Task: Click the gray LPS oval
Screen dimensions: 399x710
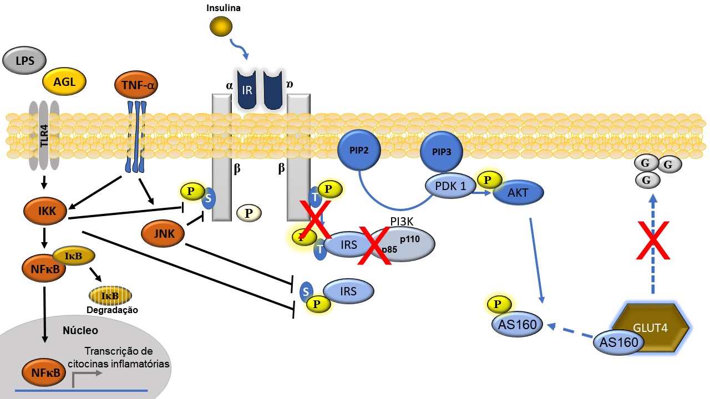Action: [x=25, y=60]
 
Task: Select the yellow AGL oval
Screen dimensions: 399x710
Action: [x=64, y=82]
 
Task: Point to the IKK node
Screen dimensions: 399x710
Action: [x=45, y=211]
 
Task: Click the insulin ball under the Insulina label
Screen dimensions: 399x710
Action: [x=221, y=25]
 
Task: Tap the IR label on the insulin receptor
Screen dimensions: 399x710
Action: [x=247, y=90]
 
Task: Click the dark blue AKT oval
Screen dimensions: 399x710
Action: [x=519, y=193]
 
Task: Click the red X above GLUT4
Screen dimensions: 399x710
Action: [x=653, y=240]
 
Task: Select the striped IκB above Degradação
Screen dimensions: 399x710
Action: [x=110, y=295]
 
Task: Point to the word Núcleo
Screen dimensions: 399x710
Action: [x=80, y=331]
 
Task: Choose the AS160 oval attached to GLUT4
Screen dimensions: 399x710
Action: [x=618, y=342]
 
